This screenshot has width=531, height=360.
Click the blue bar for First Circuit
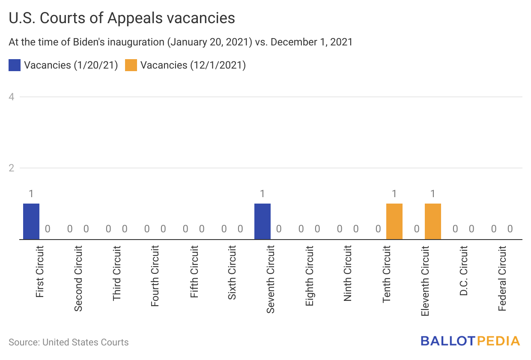coord(31,221)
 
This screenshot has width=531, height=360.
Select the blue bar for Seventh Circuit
coord(263,221)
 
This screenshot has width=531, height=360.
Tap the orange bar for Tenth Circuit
coord(394,221)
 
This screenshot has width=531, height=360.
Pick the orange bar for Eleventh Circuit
coord(433,221)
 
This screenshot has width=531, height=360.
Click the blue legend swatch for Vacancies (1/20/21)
coord(15,65)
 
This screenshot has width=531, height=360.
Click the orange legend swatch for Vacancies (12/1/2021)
coord(131,65)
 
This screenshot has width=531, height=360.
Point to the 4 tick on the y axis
coord(12,97)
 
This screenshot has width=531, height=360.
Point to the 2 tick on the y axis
coord(12,168)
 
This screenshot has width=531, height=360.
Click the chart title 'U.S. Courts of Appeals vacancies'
coord(122,18)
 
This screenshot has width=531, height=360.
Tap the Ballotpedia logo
coord(470,341)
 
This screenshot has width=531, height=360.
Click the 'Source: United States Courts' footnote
coord(69,342)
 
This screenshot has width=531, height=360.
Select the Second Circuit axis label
coord(78,278)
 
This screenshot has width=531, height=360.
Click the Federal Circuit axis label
coord(502,278)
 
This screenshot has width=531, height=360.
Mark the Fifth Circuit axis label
coord(194,272)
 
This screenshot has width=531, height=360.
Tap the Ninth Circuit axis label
coord(348,273)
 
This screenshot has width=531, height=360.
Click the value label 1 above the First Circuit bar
coord(31,194)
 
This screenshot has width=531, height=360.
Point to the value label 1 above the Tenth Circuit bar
coord(394,194)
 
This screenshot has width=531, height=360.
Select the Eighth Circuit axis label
coord(310,275)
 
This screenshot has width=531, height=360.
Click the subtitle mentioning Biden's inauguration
coord(180,42)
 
